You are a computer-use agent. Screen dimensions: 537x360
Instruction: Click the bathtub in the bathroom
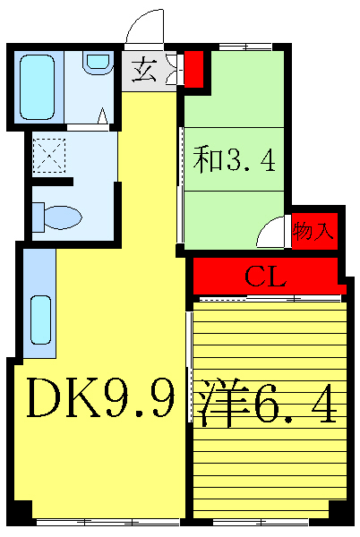pyautogui.click(x=38, y=87)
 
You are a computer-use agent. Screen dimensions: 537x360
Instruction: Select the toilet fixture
pyautogui.click(x=56, y=217)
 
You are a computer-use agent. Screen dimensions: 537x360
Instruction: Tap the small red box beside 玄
pyautogui.click(x=193, y=68)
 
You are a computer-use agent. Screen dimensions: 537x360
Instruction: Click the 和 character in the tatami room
pyautogui.click(x=209, y=161)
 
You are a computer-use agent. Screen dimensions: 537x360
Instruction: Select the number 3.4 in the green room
pyautogui.click(x=250, y=161)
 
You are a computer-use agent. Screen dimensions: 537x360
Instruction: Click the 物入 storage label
pyautogui.click(x=313, y=232)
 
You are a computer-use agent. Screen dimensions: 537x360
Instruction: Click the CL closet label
pyautogui.click(x=266, y=277)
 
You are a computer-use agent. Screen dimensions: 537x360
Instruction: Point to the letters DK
pyautogui.click(x=63, y=400)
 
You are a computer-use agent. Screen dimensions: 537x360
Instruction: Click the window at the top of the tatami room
pyautogui.click(x=236, y=47)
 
